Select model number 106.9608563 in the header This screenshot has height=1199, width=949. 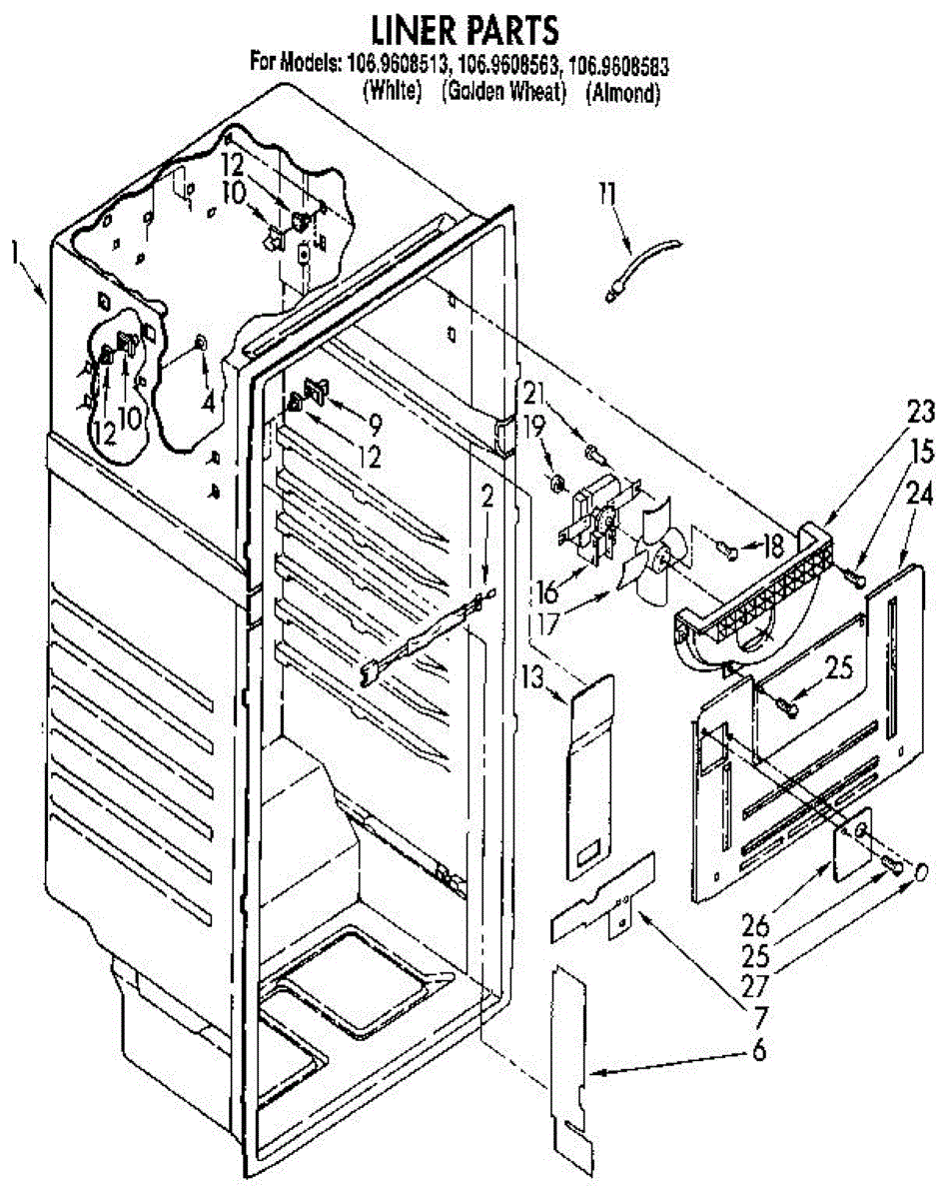[506, 67]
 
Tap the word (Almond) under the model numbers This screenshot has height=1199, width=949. [623, 93]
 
